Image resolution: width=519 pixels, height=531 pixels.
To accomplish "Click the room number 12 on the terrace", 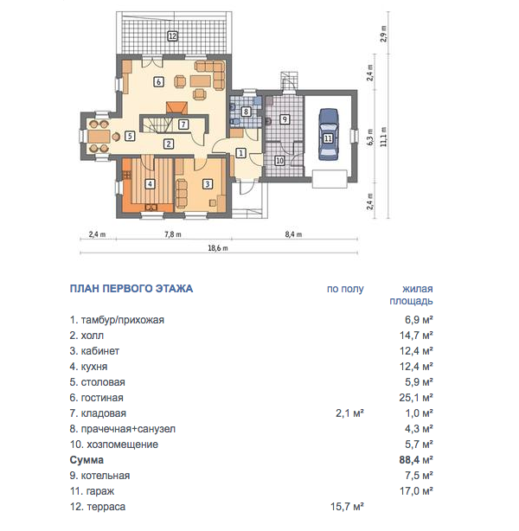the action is click(x=172, y=35).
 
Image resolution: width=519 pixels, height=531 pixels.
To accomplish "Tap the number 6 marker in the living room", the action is click(x=158, y=81).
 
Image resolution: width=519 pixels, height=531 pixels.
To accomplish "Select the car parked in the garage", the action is click(x=328, y=134).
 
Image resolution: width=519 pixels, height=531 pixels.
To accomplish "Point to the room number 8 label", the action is click(x=246, y=111).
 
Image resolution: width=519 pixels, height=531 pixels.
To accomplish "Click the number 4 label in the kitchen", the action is click(x=150, y=184).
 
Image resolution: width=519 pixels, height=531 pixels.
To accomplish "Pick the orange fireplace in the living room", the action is click(x=176, y=107).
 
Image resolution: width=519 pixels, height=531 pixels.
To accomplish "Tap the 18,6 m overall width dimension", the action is click(x=218, y=248).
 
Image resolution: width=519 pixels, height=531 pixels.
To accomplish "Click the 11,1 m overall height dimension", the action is click(x=383, y=137).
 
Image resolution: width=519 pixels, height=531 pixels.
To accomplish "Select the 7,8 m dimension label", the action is click(x=173, y=234).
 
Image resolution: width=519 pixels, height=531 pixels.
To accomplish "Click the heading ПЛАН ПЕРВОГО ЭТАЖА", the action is click(x=131, y=289).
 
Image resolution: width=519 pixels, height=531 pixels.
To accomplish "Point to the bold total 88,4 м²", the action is click(x=416, y=459).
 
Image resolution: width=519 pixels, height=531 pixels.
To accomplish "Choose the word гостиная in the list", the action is click(x=102, y=397).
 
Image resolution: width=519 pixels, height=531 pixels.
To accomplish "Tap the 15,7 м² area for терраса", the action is click(x=347, y=506).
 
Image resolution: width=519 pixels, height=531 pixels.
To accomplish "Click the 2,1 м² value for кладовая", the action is click(x=350, y=413).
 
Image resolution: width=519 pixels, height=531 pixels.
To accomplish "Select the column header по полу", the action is click(x=345, y=289).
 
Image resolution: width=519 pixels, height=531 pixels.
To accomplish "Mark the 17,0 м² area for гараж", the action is click(x=416, y=490).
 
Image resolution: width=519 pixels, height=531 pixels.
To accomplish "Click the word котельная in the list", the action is click(x=106, y=475).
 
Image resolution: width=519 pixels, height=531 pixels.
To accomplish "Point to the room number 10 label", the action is click(x=279, y=161).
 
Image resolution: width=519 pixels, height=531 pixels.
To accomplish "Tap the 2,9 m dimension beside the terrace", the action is click(x=384, y=34).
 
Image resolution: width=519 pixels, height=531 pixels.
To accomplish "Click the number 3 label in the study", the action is click(x=208, y=184).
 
